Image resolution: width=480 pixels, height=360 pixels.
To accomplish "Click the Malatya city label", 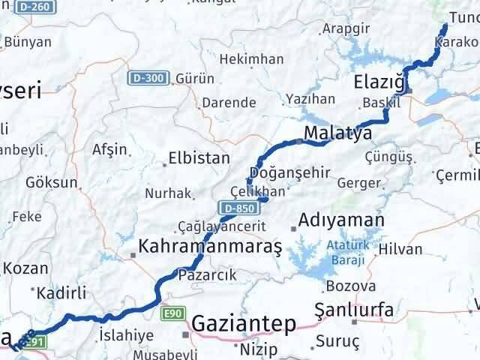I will click(338, 134).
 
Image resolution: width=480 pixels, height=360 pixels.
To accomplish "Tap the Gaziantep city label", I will click(244, 323).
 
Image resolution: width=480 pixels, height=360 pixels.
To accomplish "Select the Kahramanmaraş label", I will click(209, 246).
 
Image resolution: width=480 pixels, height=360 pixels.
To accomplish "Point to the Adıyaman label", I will click(340, 220).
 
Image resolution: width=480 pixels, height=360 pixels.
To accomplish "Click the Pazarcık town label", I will click(206, 274).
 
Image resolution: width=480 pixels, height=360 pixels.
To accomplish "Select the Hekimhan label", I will click(256, 59).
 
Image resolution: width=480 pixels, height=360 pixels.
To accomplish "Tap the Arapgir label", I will click(346, 28).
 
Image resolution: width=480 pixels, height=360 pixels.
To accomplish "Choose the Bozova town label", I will click(351, 286).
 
